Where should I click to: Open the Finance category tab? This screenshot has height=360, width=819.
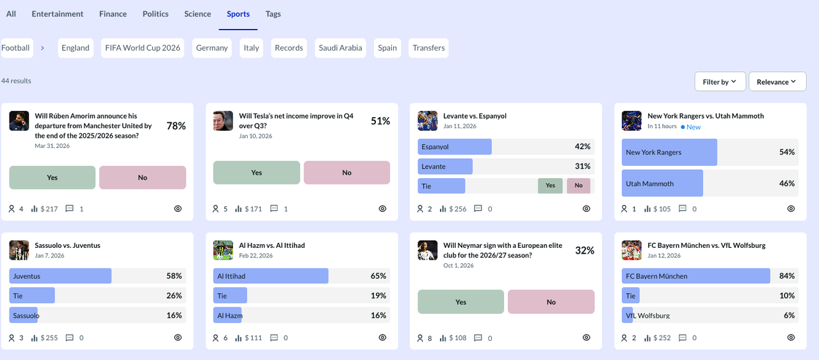point(113,13)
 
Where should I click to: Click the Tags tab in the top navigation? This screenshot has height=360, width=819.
point(273,13)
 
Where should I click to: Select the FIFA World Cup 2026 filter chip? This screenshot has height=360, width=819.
point(143,48)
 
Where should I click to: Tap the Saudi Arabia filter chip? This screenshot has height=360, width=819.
point(340,48)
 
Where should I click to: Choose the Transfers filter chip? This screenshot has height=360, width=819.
point(428,48)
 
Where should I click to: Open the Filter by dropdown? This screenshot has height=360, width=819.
point(720,82)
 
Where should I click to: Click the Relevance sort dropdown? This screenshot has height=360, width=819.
point(777,82)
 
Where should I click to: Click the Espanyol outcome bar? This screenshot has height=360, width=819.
point(454,147)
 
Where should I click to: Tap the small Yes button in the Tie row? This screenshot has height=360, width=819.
point(550,186)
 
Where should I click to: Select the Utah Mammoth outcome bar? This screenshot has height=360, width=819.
point(662,183)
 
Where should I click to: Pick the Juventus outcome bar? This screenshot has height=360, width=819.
point(60,276)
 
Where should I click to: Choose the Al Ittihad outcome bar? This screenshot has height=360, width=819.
point(270,276)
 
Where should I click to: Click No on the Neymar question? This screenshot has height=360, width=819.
point(551,302)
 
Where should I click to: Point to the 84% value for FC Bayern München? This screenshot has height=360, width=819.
point(786,276)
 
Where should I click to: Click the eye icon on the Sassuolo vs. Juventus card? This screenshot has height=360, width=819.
point(178,338)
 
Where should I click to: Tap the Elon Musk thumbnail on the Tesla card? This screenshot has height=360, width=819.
point(223,121)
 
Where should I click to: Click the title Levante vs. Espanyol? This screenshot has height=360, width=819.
point(474,116)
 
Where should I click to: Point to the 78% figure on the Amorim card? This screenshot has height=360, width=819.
point(176,126)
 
